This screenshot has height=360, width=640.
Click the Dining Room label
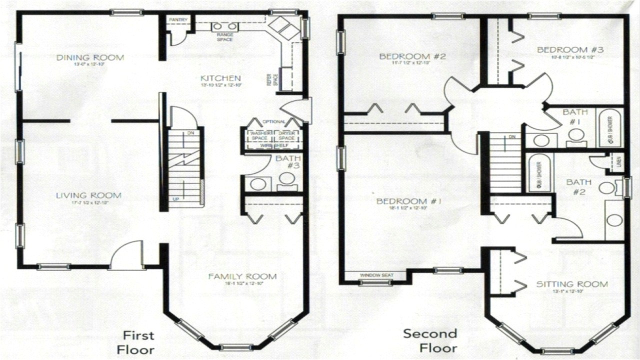(90, 57)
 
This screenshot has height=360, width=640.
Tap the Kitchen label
(220, 78)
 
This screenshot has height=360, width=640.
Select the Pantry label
(178, 20)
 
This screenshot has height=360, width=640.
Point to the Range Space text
(224, 37)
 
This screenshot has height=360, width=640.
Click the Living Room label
(89, 195)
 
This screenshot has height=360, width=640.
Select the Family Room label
(242, 276)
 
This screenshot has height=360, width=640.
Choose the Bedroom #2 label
(412, 56)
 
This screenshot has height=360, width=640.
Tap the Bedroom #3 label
(570, 49)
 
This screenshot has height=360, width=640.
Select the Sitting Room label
(572, 284)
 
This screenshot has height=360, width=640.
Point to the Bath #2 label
(578, 186)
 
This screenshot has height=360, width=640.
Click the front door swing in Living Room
(127, 255)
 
